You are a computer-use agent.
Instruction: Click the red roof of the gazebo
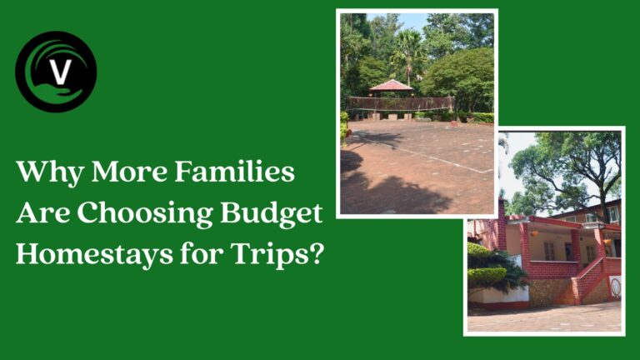[390, 85]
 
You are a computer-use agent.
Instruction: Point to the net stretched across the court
[400, 103]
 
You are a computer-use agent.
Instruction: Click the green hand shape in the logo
[50, 93]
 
